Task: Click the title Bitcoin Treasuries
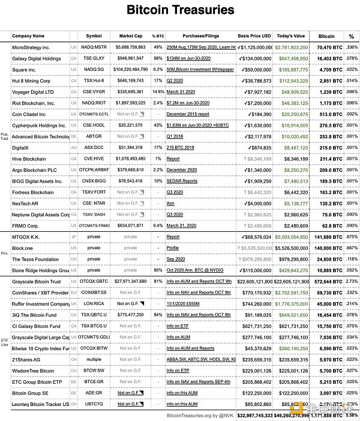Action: pos(180,10)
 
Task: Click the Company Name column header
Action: pos(28,36)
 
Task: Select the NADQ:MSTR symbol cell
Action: pos(94,47)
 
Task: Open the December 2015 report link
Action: pos(188,114)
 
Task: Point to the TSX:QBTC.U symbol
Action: pos(94,315)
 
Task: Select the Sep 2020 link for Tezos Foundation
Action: pos(176,259)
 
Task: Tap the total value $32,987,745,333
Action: pos(255,414)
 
